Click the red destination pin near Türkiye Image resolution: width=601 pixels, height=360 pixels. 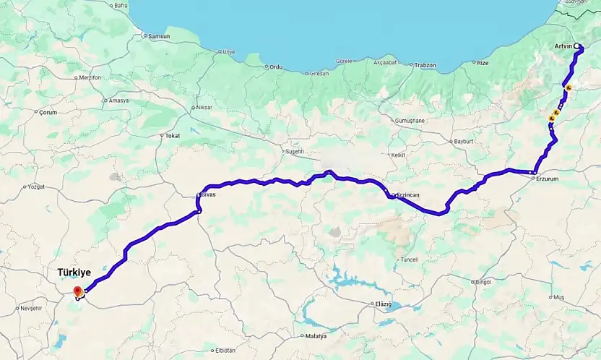click(x=77, y=292)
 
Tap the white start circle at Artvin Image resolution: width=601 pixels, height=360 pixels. click(x=577, y=46)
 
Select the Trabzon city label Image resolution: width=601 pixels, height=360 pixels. click(x=425, y=65)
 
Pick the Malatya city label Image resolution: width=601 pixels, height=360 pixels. click(x=316, y=336)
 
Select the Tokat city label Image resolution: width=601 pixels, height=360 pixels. click(x=173, y=135)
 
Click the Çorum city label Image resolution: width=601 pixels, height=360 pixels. click(x=48, y=112)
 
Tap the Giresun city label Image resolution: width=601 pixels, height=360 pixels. click(x=317, y=73)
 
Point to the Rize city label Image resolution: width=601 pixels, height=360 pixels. click(x=483, y=63)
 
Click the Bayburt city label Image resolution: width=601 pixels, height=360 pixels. click(x=462, y=141)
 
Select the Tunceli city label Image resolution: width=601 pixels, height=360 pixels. click(x=409, y=259)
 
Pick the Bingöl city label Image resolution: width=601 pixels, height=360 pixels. click(x=483, y=282)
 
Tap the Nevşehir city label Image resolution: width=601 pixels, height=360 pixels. click(x=32, y=308)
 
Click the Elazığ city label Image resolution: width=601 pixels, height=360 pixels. click(x=383, y=304)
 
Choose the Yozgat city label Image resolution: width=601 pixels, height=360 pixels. click(x=35, y=187)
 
